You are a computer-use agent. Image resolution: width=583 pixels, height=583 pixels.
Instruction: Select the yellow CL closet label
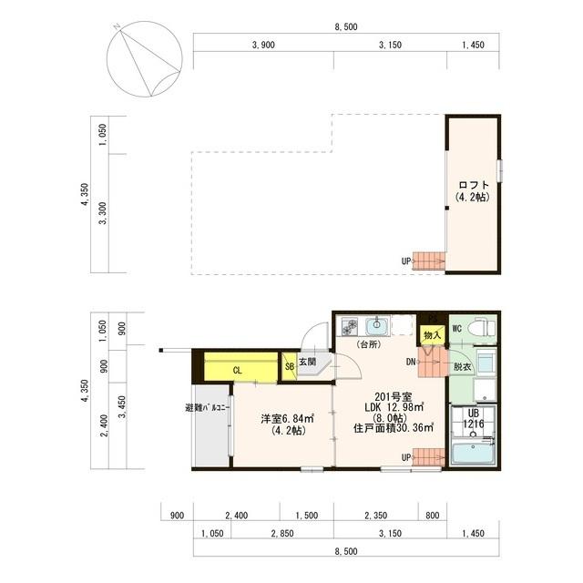coord(237,370)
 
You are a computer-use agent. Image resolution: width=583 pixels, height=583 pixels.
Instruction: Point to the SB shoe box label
coord(289,366)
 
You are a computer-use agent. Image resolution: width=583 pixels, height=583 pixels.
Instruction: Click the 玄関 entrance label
coord(308,362)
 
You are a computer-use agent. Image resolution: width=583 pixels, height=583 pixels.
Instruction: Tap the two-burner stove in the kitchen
coord(350,326)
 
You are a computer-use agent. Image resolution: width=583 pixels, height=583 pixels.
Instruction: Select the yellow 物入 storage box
coord(433,334)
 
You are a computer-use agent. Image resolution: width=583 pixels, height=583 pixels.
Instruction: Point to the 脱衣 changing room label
coord(463,366)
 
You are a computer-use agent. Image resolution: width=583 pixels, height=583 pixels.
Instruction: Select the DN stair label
coord(411,363)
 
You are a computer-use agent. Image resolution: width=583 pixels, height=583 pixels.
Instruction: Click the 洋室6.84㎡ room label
coord(287,419)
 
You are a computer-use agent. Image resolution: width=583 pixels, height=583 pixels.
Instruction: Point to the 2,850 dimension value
coord(265,534)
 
